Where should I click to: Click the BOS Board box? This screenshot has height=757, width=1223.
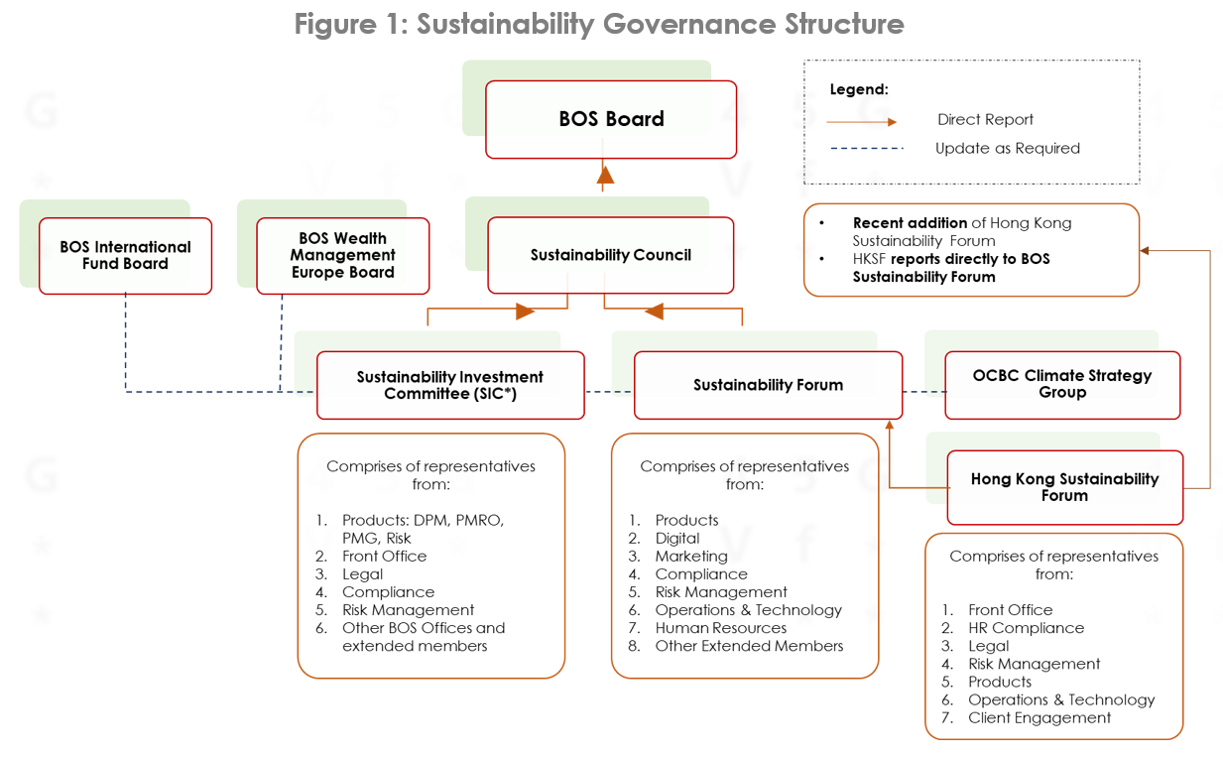611,120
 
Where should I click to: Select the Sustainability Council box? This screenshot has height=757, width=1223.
610,255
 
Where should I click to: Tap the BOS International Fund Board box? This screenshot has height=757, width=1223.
125,256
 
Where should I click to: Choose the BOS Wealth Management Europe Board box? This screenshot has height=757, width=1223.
343,256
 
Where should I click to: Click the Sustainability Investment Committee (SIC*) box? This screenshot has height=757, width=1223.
450,385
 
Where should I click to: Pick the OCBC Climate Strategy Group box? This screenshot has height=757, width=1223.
1062,385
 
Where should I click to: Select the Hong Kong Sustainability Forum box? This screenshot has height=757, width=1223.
1064,487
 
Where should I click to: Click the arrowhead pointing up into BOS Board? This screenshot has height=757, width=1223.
605,176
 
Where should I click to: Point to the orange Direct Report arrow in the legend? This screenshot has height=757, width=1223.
862,122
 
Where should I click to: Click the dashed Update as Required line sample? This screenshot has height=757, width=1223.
867,148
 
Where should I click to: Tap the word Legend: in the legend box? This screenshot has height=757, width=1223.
859,89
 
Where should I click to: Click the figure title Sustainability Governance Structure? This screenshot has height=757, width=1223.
660,24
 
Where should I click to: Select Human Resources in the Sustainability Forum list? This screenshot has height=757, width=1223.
721,628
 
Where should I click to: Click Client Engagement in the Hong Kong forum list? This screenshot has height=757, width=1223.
1039,717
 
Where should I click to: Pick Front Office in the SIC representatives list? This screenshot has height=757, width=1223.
385,556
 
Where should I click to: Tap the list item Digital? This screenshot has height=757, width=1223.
677,539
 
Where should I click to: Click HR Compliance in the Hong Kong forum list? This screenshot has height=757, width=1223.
1026,628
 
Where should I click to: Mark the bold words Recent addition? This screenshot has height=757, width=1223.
910,223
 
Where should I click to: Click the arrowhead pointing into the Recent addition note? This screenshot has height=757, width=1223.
1145,251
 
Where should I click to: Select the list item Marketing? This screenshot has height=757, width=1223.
691,557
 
